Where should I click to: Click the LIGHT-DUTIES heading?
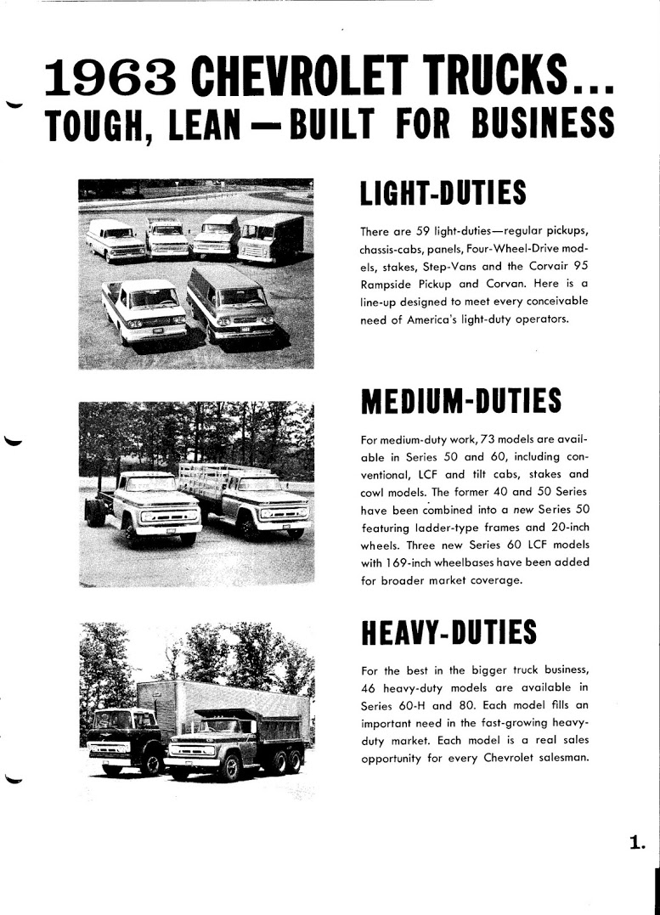[443, 194]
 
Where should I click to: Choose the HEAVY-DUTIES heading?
[448, 632]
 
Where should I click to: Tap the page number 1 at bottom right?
[637, 843]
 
